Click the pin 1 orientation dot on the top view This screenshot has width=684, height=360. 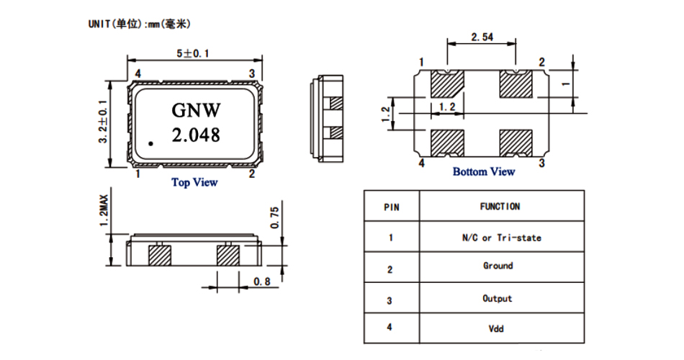(x=151, y=144)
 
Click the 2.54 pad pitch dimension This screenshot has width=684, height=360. (x=482, y=36)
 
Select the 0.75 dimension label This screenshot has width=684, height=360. (x=274, y=217)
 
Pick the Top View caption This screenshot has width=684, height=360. (x=194, y=182)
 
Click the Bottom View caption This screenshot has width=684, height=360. (x=483, y=171)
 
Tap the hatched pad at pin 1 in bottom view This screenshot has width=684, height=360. (x=446, y=85)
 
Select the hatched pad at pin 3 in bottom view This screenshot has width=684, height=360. (x=516, y=142)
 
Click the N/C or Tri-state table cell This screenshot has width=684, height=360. (x=501, y=238)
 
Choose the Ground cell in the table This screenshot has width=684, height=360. (x=498, y=266)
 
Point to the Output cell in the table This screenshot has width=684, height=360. (x=498, y=298)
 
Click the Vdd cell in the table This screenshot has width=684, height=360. (x=497, y=328)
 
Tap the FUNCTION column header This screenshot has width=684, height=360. (x=500, y=207)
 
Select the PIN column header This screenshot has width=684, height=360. (x=391, y=207)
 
